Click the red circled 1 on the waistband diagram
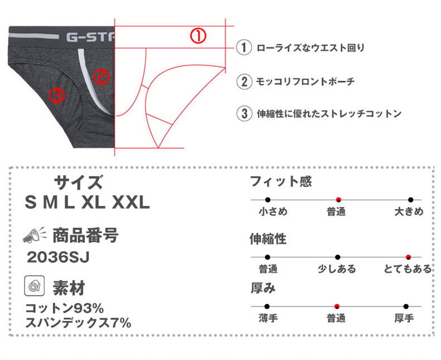tap(199, 36)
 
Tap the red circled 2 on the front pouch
tap(101, 76)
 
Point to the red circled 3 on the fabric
tap(57, 95)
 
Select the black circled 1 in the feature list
tap(243, 48)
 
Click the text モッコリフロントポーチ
tap(305, 81)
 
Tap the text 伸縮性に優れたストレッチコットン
tap(329, 114)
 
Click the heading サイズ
tap(78, 183)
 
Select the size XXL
tap(131, 202)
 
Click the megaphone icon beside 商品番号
tap(33, 236)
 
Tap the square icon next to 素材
tap(34, 286)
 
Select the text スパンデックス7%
tap(78, 322)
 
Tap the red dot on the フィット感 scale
tap(338, 199)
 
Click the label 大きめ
tap(409, 212)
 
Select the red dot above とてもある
tap(409, 257)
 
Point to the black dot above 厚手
tap(406, 306)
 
